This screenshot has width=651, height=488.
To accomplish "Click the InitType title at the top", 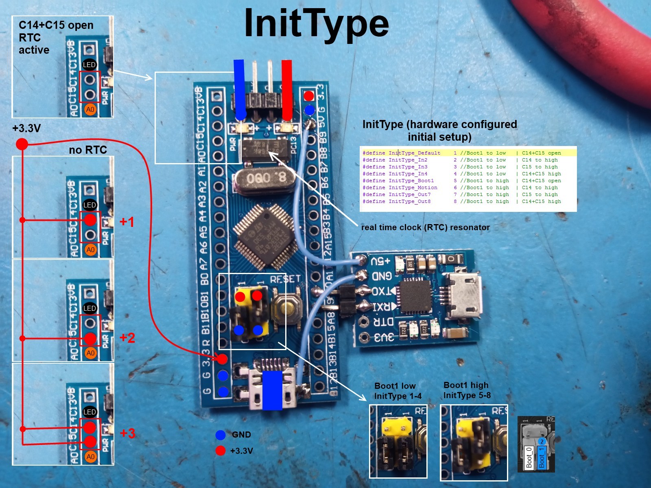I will pyautogui.click(x=316, y=24).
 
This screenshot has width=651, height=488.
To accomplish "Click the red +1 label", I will pyautogui.click(x=127, y=222).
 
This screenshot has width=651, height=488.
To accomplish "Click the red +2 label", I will pyautogui.click(x=127, y=338).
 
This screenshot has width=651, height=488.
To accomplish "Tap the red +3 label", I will pyautogui.click(x=127, y=433).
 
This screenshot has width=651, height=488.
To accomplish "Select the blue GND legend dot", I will pyautogui.click(x=221, y=435).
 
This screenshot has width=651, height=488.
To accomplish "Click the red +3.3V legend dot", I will pyautogui.click(x=221, y=451).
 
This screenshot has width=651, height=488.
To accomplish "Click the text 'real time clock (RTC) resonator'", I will pyautogui.click(x=425, y=227).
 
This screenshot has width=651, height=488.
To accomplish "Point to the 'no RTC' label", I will pyautogui.click(x=88, y=150).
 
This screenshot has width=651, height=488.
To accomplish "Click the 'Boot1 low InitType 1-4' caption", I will pyautogui.click(x=398, y=391).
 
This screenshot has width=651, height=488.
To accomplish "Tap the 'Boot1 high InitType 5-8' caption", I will pyautogui.click(x=467, y=390).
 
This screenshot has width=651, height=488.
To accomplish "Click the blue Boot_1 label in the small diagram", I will pyautogui.click(x=542, y=457).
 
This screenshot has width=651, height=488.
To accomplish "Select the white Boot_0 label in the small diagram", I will pyautogui.click(x=529, y=457).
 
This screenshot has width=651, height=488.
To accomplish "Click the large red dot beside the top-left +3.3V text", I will pyautogui.click(x=22, y=144).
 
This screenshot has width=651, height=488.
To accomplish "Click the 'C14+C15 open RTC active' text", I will pyautogui.click(x=56, y=37).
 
